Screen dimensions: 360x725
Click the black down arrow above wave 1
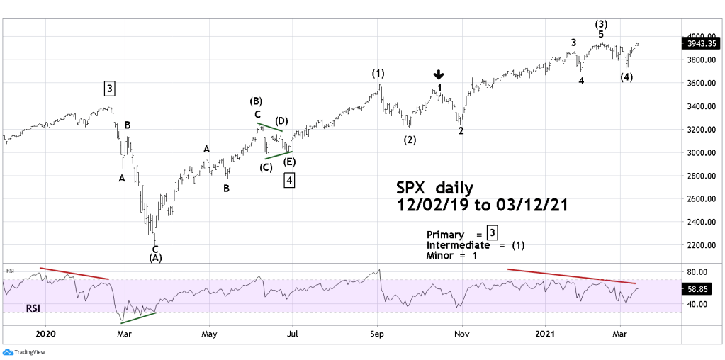tap(439, 74)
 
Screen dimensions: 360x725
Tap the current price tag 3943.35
tap(700, 43)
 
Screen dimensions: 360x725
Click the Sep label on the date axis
tap(377, 333)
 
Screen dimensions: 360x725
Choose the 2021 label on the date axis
tap(545, 333)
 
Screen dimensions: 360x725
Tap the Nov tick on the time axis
tap(462, 333)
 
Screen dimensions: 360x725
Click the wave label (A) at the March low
tap(155, 258)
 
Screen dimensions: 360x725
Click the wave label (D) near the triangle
tap(281, 121)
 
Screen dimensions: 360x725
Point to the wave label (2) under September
tap(410, 140)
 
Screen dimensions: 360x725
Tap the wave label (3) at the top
tap(601, 23)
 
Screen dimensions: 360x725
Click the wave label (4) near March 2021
tap(626, 77)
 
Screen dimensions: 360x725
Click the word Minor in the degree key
tap(441, 255)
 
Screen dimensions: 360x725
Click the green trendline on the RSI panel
tap(138, 317)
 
